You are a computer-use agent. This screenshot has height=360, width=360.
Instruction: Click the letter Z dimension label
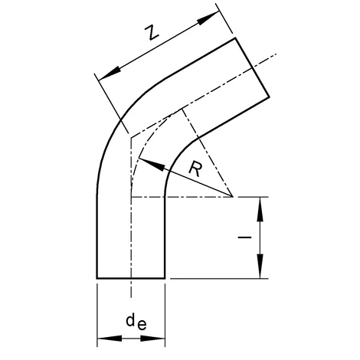(152, 32)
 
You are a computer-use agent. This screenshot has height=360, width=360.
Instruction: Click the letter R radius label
(195, 169)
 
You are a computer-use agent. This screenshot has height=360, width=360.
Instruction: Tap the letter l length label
(244, 237)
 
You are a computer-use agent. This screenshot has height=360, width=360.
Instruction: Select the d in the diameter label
(130, 320)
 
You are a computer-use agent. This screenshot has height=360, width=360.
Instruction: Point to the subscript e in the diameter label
(142, 326)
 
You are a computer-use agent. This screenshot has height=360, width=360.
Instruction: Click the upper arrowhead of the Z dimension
(208, 18)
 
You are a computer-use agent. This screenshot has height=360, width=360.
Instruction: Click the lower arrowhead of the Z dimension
(110, 74)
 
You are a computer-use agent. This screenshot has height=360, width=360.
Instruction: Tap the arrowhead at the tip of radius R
(151, 165)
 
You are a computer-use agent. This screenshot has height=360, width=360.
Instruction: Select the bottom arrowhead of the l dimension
(260, 266)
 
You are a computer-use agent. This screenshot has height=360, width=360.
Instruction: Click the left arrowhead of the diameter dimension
(110, 339)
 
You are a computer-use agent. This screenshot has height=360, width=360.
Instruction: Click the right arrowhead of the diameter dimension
(152, 339)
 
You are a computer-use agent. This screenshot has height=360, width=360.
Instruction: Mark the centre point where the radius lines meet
(232, 197)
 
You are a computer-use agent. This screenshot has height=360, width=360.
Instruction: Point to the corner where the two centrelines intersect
(131, 138)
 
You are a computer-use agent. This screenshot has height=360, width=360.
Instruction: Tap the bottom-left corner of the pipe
(97, 278)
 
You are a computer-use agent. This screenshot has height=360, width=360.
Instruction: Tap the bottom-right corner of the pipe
(165, 278)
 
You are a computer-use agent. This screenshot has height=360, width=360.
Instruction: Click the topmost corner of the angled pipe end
(235, 38)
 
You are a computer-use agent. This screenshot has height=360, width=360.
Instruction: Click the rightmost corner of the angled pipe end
(269, 97)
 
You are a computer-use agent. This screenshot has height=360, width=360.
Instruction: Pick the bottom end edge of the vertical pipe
(131, 278)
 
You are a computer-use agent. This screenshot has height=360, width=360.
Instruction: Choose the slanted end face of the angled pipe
(252, 67)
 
